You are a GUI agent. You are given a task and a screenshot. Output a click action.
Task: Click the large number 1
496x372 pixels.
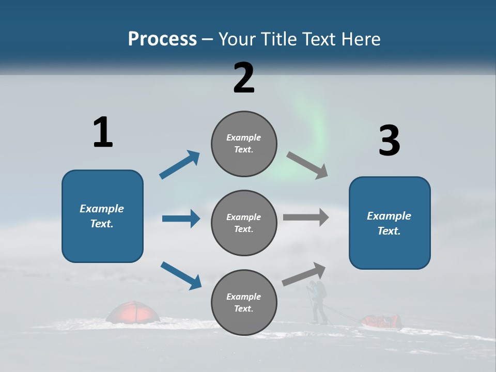(103, 132)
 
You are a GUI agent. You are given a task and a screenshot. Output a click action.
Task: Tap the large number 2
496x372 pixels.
(244, 78)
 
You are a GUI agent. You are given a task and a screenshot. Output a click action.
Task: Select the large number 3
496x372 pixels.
(389, 141)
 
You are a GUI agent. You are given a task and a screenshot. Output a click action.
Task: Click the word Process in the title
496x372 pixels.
(162, 39)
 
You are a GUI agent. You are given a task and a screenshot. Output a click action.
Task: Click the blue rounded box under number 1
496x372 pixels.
(102, 216)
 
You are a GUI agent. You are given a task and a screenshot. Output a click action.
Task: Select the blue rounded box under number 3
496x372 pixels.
(390, 223)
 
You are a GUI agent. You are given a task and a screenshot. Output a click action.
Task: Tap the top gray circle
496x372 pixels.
(244, 144)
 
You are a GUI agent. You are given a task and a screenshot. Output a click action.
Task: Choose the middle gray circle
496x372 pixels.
(244, 223)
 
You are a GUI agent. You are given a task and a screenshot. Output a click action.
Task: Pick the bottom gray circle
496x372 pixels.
(244, 302)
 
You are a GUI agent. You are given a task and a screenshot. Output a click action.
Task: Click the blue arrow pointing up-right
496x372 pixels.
(180, 164)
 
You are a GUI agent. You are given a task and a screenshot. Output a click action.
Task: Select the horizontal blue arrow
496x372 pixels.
(181, 219)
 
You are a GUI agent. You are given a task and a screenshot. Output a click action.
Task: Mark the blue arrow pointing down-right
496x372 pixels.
(181, 275)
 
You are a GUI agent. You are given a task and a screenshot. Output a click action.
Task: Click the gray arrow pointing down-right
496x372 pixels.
(307, 165)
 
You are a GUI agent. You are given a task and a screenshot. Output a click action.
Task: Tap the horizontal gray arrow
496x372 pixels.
(306, 217)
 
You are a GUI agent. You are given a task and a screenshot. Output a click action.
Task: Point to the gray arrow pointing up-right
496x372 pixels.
(304, 274)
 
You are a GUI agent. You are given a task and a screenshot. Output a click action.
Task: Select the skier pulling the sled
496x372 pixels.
(317, 302)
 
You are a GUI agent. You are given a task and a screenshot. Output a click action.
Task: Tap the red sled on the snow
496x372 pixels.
(382, 321)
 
